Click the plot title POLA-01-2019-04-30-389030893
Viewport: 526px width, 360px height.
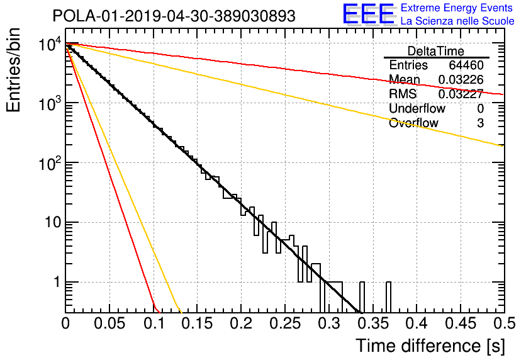[174, 16]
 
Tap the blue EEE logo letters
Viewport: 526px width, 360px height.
[368, 14]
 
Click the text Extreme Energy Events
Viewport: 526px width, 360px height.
[457, 8]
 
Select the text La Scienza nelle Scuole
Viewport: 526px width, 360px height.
[457, 21]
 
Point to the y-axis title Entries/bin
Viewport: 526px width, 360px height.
[13, 70]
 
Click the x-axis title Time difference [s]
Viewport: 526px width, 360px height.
[430, 346]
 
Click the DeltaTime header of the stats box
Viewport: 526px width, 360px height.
[436, 51]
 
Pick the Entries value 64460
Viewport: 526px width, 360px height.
[466, 65]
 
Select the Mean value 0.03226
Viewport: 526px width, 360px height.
[461, 79]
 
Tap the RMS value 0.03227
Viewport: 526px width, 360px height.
[461, 94]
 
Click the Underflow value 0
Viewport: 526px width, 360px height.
[480, 108]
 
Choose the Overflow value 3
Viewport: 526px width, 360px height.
[480, 123]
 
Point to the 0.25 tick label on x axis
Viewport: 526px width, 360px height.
[285, 323]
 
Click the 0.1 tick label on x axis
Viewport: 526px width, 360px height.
[154, 323]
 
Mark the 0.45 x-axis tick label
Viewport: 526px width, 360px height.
[461, 323]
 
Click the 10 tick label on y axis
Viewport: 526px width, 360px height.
[53, 222]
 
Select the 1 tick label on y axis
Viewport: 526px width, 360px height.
[57, 282]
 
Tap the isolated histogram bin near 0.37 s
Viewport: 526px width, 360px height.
[388, 297]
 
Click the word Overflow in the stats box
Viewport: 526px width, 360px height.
[413, 123]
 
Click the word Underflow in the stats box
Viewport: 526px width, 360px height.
[417, 108]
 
